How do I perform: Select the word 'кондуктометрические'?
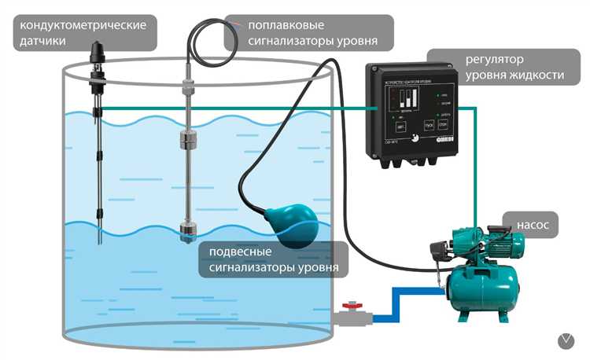click(x=84, y=24)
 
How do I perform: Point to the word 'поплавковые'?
click(x=279, y=24)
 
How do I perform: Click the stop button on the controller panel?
click(x=443, y=126)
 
